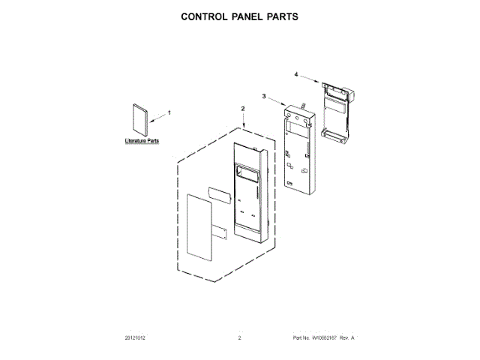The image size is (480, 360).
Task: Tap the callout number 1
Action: tap(169, 112)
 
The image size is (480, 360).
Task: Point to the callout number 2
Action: tap(242, 109)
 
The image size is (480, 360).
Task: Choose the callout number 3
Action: tap(264, 96)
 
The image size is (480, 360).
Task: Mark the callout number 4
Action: tap(295, 74)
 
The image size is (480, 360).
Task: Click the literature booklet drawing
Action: tap(139, 119)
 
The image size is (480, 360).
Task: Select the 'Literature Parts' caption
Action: tap(142, 141)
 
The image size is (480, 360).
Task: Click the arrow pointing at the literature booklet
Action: tap(157, 115)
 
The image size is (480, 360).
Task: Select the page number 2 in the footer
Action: tap(239, 339)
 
